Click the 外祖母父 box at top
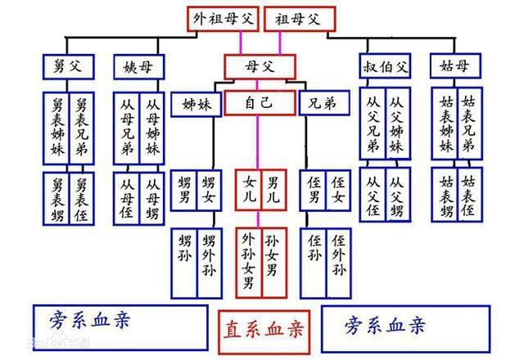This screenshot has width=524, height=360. click(x=223, y=19)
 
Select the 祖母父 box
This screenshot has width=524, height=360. click(x=300, y=19)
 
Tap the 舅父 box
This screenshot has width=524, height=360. click(x=69, y=67)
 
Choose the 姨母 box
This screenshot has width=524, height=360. click(x=139, y=67)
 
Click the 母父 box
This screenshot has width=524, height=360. click(x=260, y=67)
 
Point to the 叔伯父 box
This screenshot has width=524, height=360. click(x=385, y=65)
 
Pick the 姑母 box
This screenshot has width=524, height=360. click(x=455, y=65)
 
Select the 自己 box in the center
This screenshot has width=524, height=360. click(x=260, y=103)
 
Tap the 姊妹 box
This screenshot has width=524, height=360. click(x=196, y=105)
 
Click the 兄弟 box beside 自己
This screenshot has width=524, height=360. click(x=324, y=103)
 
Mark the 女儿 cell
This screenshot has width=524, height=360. click(x=248, y=190)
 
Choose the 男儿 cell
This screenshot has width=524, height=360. click(x=273, y=190)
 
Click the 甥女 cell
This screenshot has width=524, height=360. click(x=210, y=191)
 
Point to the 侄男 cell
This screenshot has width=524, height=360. click(x=313, y=191)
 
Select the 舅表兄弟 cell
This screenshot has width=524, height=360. click(x=82, y=128)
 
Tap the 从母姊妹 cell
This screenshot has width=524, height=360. click(x=152, y=128)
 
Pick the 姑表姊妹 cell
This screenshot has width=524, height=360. click(x=445, y=124)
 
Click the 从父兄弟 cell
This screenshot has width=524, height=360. click(x=373, y=124)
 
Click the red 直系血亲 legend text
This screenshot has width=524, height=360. click(x=264, y=330)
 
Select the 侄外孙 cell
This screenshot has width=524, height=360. click(x=338, y=263)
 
